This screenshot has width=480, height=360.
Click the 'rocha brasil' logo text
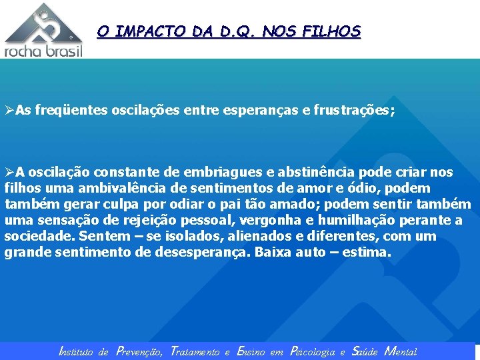[x=44, y=51]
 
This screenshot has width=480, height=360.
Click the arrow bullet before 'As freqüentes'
[x=9, y=109]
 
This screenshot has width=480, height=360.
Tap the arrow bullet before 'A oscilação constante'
[x=9, y=172]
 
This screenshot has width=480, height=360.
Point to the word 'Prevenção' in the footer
[x=139, y=351]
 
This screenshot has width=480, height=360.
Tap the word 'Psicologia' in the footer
[x=313, y=351]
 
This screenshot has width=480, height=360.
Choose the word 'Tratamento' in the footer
[x=195, y=351]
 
